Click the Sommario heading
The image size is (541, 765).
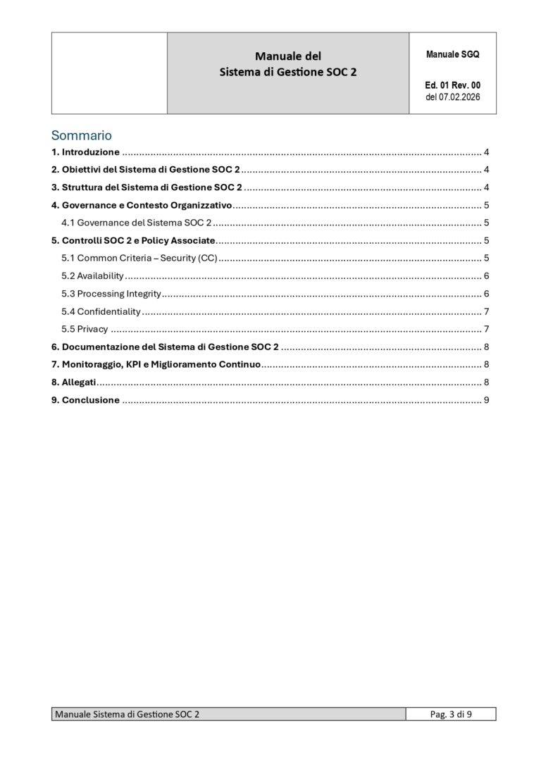[81, 135]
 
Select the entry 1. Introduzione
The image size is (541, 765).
[85, 152]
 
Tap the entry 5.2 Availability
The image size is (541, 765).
[92, 275]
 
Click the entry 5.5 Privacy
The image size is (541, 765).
[85, 329]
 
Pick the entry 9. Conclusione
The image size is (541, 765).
[85, 400]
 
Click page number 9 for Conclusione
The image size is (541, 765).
[487, 400]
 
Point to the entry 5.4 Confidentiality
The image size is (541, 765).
[101, 311]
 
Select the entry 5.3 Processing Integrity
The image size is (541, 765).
[111, 294]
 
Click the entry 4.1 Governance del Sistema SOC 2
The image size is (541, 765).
[136, 223]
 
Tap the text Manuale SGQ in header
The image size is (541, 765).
[452, 54]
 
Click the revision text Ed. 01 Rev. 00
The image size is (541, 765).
[452, 85]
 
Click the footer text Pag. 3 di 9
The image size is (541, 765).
[451, 714]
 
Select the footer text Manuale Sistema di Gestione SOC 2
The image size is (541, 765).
[127, 714]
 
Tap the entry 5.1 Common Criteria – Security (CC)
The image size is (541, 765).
[139, 258]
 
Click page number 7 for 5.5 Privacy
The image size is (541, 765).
[487, 329]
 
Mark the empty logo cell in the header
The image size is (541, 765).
[109, 73]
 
